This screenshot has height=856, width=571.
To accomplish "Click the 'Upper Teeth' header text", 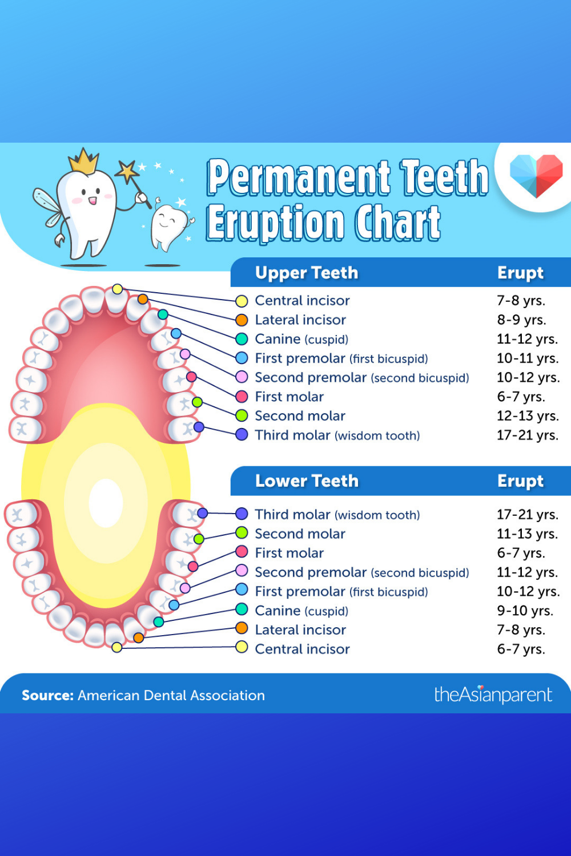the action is (x=307, y=273).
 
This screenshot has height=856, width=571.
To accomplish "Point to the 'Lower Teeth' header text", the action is (x=307, y=481).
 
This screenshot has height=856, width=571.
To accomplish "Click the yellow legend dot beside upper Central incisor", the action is (x=242, y=301).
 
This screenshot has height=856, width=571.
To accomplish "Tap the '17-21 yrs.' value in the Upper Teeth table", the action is (x=528, y=435).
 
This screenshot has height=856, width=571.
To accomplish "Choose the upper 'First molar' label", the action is (x=289, y=397).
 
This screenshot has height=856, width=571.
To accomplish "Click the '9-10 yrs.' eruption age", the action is (x=525, y=611).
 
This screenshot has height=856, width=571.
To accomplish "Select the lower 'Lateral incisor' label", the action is (x=300, y=630).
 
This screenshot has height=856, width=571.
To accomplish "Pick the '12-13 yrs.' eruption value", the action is (x=528, y=416).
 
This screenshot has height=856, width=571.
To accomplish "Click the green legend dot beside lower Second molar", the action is (x=242, y=532).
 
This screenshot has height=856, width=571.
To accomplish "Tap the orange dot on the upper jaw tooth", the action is (x=143, y=299).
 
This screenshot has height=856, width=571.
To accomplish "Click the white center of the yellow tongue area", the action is (x=106, y=503).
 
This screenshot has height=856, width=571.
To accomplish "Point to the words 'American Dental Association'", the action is (x=171, y=696).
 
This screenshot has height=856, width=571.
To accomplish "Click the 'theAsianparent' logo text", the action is (x=493, y=695).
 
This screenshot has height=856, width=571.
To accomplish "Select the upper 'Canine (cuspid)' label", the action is (x=301, y=339).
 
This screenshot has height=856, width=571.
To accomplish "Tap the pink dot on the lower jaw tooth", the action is (x=185, y=588).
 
